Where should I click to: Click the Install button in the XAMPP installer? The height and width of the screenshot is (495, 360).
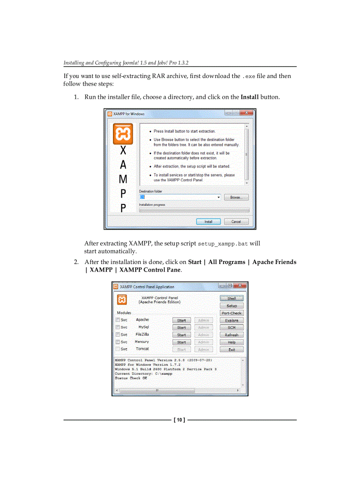[x=208, y=222]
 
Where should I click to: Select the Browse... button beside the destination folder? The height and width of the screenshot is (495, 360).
[x=236, y=197]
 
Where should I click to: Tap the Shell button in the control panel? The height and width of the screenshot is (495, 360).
[x=232, y=298]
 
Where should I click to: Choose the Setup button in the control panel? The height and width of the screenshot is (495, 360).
[x=232, y=305]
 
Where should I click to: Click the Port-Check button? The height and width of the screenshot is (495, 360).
[x=232, y=313]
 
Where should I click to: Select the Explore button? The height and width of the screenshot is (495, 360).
[x=232, y=320]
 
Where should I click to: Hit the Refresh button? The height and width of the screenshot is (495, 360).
[x=232, y=335]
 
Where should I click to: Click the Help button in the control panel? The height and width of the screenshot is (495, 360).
[x=232, y=342]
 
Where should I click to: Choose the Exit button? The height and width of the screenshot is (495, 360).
[x=232, y=350]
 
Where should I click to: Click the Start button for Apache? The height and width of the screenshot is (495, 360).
[x=181, y=320]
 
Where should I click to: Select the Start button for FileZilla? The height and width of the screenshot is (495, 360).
[x=181, y=335]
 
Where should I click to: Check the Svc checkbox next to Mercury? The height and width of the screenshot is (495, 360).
[x=118, y=342]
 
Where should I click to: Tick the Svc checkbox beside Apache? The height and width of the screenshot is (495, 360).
[x=118, y=320]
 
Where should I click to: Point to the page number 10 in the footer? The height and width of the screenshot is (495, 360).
[x=179, y=420]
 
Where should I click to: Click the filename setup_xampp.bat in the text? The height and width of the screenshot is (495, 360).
[x=223, y=244]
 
